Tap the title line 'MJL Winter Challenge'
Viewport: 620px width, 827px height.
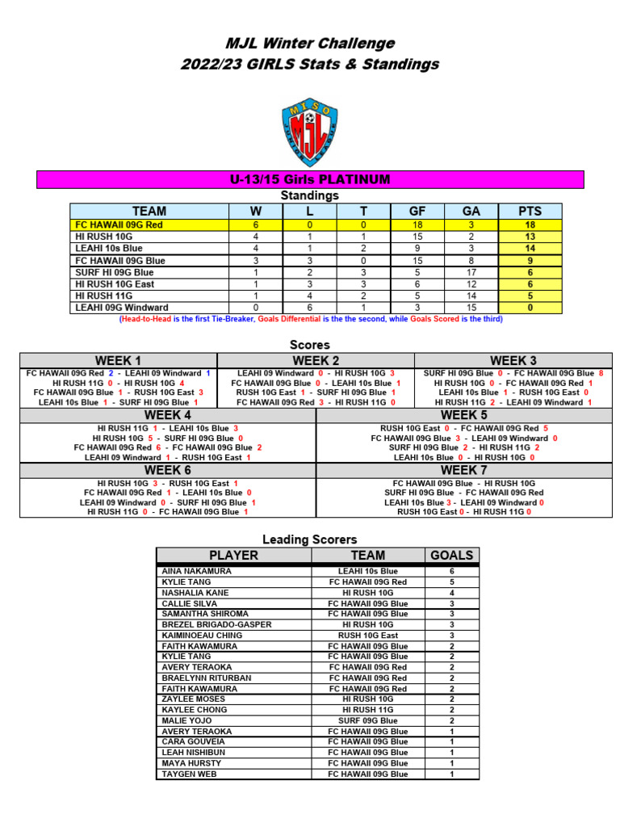pos(310,44)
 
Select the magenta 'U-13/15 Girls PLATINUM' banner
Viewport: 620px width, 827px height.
pos(310,179)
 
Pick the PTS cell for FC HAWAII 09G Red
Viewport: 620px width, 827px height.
pos(530,225)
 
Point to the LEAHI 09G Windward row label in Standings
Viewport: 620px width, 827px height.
pos(122,308)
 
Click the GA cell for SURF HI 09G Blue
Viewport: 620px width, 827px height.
pos(471,272)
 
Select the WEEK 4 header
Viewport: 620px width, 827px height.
pos(168,415)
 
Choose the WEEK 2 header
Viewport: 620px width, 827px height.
pos(316,360)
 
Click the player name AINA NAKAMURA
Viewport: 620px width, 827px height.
pos(196,571)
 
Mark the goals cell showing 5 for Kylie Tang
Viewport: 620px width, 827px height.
pos(452,581)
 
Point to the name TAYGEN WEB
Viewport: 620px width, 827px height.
pos(189,774)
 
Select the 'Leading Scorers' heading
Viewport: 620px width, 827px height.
pos(310,539)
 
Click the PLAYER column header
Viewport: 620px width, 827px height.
pos(233,555)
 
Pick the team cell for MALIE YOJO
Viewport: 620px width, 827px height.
pos(367,720)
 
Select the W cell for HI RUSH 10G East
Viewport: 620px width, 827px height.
pos(256,284)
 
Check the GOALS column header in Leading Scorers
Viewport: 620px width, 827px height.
pos(452,555)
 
